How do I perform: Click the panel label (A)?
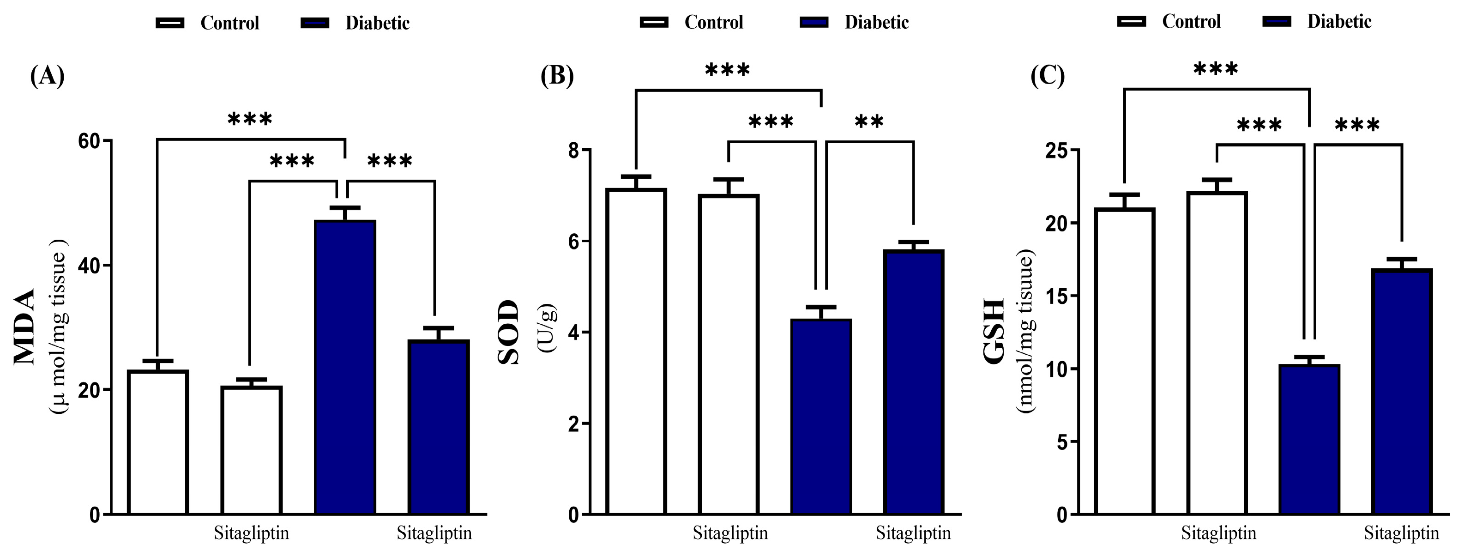pos(47,76)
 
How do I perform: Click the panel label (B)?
pos(557,76)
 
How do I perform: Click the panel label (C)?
pos(1048,76)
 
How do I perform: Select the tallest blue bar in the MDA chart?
pos(345,367)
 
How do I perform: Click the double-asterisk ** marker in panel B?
pos(869,121)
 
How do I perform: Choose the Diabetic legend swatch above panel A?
pos(314,23)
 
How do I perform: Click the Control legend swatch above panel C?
pos(1132,22)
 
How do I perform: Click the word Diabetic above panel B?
pos(876,22)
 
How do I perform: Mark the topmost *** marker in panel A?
pos(250,119)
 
